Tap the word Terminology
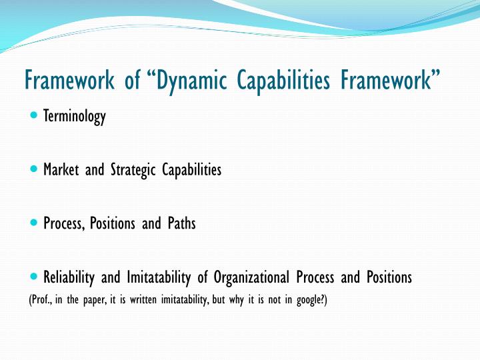pyautogui.click(x=75, y=117)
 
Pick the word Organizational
pyautogui.click(x=252, y=277)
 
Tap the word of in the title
pyautogui.click(x=131, y=81)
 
